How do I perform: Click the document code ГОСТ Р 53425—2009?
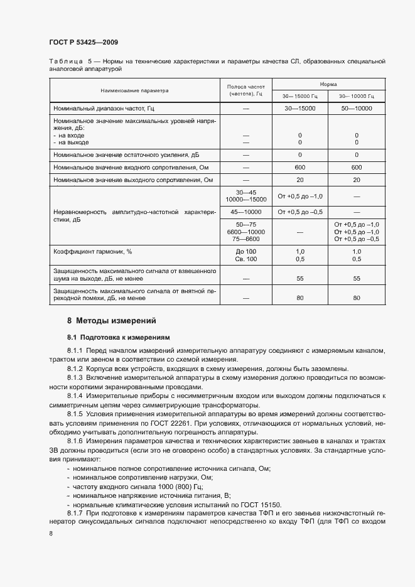click(84, 42)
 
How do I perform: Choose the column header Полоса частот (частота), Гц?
click(245, 90)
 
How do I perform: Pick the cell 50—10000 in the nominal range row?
click(356, 109)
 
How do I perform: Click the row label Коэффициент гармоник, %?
click(94, 251)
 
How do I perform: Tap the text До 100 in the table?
click(246, 251)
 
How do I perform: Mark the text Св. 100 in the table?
click(246, 259)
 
